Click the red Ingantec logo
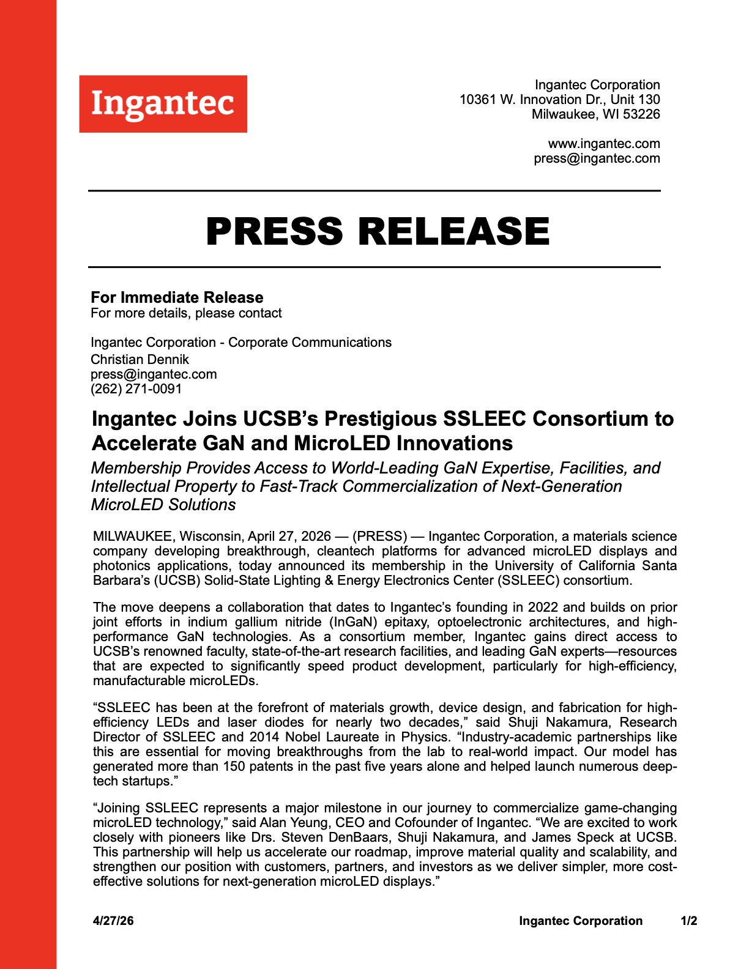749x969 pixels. pos(163,103)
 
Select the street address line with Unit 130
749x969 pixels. pos(559,99)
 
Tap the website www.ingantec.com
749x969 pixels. pos(603,144)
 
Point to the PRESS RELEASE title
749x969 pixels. pos(378,231)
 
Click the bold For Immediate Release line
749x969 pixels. pos(177,297)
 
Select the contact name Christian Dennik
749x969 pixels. pos(140,360)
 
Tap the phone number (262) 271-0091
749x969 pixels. pos(136,389)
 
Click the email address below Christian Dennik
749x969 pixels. pos(154,374)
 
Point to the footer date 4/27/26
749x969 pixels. pos(113,921)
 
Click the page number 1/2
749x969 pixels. pos(688,921)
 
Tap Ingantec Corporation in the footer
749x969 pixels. pos(580,921)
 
